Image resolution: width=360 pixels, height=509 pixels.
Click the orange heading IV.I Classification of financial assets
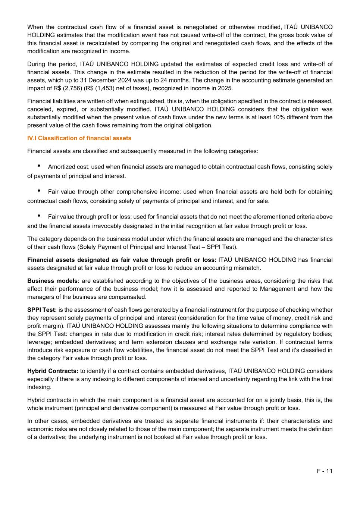79,138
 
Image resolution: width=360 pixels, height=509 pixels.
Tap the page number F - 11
325,471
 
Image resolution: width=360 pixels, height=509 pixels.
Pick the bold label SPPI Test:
42,310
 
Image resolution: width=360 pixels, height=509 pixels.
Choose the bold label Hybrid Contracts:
53,371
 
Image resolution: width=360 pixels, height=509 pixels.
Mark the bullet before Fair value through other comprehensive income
39,191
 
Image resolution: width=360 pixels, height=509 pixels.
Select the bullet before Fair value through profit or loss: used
39,216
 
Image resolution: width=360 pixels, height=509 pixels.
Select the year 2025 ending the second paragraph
224,88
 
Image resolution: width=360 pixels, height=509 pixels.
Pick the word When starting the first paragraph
35,27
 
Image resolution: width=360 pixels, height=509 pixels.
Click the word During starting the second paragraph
37,64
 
